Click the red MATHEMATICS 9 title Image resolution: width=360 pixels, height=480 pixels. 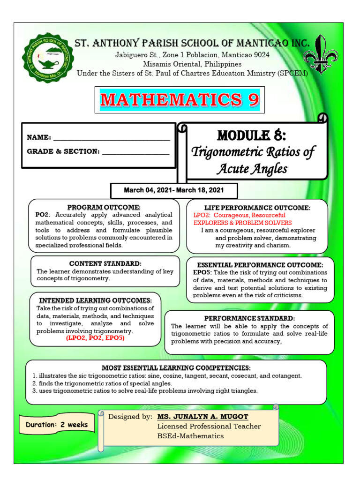coord(180,99)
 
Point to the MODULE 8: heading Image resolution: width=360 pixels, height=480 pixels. coord(251,135)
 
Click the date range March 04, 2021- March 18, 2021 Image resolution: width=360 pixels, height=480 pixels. coord(173,190)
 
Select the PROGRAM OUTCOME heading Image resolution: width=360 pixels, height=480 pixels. coord(104,207)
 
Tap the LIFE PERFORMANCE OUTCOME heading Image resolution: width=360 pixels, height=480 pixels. coord(257,207)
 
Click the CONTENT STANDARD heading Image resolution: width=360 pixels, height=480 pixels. coord(105,263)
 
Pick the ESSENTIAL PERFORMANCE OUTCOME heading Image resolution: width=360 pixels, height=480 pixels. coord(260,265)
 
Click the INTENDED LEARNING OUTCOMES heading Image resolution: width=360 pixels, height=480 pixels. coord(95,300)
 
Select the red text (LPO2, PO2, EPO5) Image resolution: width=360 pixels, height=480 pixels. coord(95,338)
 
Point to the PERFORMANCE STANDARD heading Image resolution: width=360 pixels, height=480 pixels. coord(249,318)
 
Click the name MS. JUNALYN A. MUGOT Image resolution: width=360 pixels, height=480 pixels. coord(202,417)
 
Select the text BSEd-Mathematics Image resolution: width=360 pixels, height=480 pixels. coord(190,436)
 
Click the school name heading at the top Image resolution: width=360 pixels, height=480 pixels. coord(192,44)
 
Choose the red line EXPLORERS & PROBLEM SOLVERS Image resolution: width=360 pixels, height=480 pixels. coord(242,223)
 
